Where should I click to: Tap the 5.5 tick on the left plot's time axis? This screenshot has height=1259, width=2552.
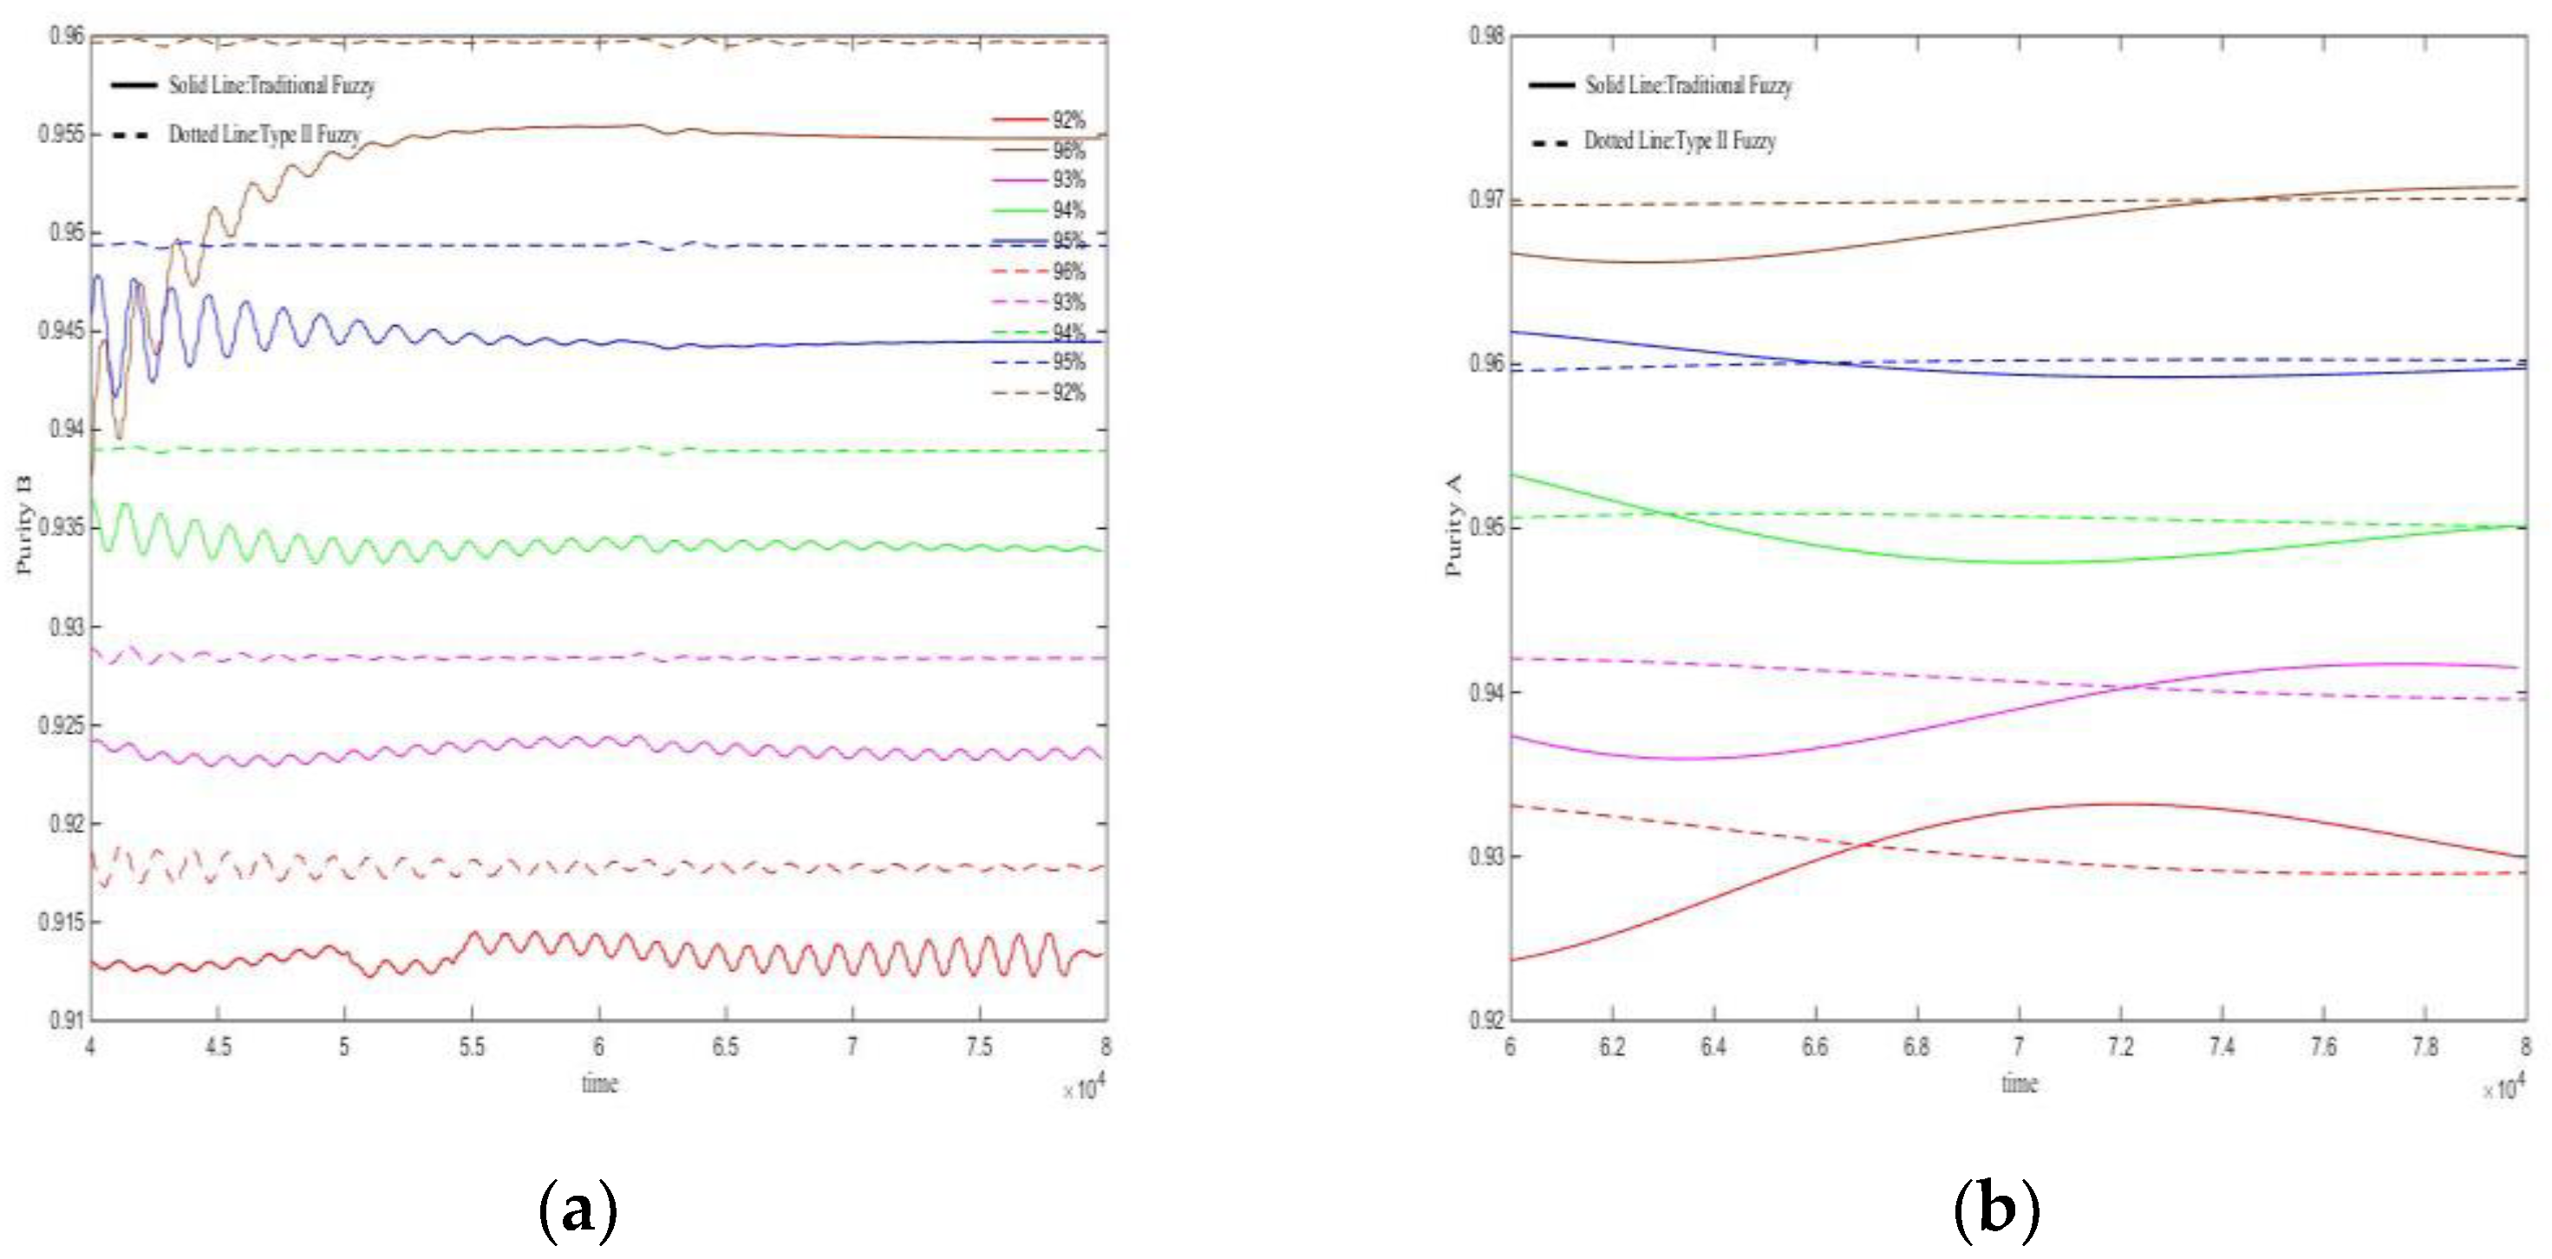pos(472,1047)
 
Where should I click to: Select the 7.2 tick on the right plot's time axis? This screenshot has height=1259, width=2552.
pos(2120,1047)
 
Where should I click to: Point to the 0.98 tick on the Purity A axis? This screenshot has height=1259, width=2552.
pos(1486,36)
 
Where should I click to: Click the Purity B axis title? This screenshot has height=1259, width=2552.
pos(23,525)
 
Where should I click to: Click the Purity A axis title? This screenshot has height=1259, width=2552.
pos(1452,525)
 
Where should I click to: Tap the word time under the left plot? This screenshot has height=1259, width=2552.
pos(599,1083)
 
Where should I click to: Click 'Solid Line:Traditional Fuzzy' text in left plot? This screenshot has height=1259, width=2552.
pos(271,85)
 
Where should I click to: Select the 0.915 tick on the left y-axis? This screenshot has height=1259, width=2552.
pos(62,923)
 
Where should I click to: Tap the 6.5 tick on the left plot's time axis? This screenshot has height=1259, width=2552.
pos(725,1047)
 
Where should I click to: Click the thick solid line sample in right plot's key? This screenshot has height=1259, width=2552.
pos(1551,85)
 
